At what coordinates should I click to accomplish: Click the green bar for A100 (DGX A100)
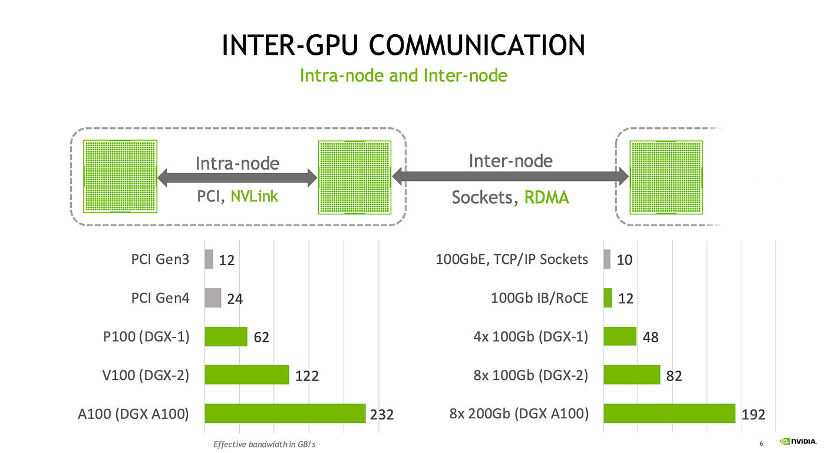pyautogui.click(x=285, y=413)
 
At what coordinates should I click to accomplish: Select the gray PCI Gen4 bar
pyautogui.click(x=213, y=297)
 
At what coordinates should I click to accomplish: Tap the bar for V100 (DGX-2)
pyautogui.click(x=247, y=375)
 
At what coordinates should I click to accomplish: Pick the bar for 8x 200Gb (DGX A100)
pyautogui.click(x=669, y=413)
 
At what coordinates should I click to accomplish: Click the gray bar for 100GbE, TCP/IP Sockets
pyautogui.click(x=606, y=259)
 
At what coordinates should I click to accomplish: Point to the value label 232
pyautogui.click(x=382, y=415)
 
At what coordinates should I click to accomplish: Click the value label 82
pyautogui.click(x=674, y=376)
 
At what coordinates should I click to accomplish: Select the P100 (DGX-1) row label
pyautogui.click(x=146, y=336)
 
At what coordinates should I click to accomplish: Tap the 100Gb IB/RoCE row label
pyautogui.click(x=540, y=298)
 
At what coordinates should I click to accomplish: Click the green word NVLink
pyautogui.click(x=254, y=196)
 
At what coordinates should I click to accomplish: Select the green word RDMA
pyautogui.click(x=547, y=197)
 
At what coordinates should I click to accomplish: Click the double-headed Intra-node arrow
pyautogui.click(x=237, y=178)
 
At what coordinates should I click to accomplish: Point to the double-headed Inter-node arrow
pyautogui.click(x=510, y=176)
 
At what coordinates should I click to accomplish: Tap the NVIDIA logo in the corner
pyautogui.click(x=798, y=441)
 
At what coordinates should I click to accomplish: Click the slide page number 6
pyautogui.click(x=761, y=444)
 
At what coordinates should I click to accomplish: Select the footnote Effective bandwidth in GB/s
pyautogui.click(x=265, y=445)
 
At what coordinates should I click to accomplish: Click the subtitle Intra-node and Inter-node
pyautogui.click(x=404, y=75)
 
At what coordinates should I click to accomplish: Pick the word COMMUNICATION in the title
pyautogui.click(x=477, y=45)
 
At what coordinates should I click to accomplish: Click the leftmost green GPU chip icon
pyautogui.click(x=120, y=176)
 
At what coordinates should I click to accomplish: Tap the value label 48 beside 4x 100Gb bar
pyautogui.click(x=651, y=338)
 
